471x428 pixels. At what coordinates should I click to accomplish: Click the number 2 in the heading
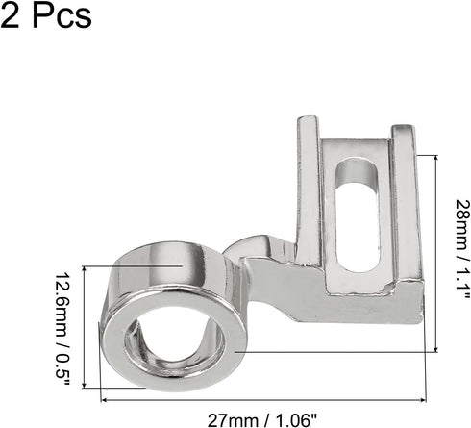coord(12,16)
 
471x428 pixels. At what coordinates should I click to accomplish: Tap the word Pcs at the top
coord(61,16)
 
